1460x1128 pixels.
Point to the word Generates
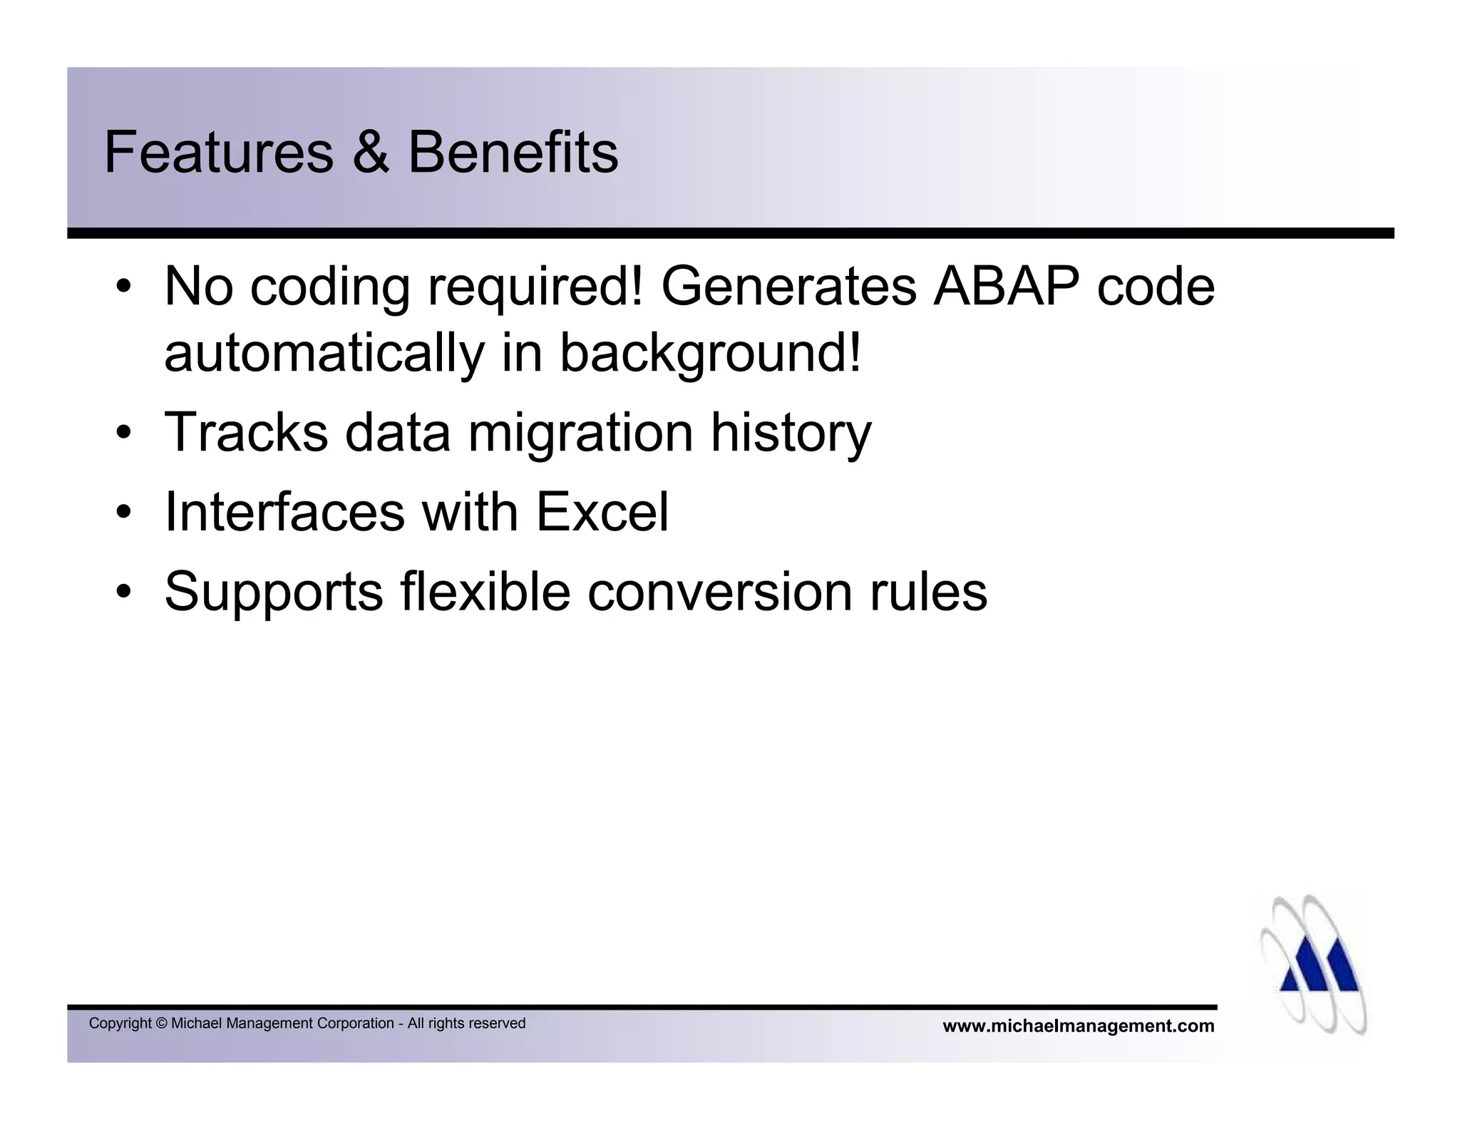788,287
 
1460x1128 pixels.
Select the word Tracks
246,432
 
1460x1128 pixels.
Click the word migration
580,432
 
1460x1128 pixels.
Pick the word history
791,432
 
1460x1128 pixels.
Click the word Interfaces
284,512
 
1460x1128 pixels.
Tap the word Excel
602,512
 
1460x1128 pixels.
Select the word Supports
274,592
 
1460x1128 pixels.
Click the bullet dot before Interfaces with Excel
125,513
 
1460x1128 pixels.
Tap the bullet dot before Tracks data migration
125,434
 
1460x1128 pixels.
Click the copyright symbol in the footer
160,1024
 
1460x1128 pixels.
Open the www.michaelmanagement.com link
1078,1026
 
